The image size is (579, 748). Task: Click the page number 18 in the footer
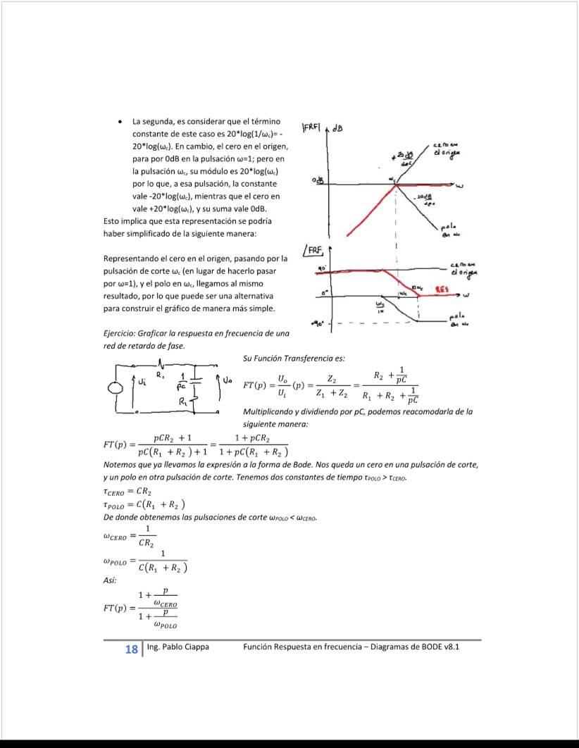(x=131, y=649)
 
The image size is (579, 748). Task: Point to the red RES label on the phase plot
(x=442, y=289)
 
